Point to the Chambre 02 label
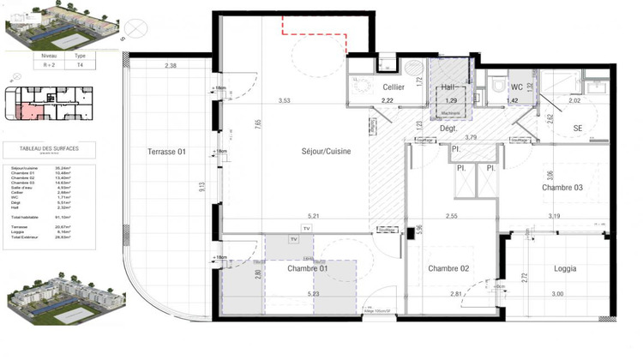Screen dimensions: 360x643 pyautogui.click(x=448, y=268)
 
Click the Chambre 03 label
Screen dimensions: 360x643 pyautogui.click(x=562, y=188)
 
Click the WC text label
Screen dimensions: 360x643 pyautogui.click(x=517, y=87)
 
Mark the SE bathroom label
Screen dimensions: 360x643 pyautogui.click(x=578, y=129)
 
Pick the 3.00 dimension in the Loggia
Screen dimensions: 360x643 pyautogui.click(x=557, y=294)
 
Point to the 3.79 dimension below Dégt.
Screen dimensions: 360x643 pyautogui.click(x=470, y=137)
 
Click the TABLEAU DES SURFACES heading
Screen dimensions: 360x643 pyautogui.click(x=48, y=148)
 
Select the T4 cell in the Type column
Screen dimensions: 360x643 pyautogui.click(x=81, y=64)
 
